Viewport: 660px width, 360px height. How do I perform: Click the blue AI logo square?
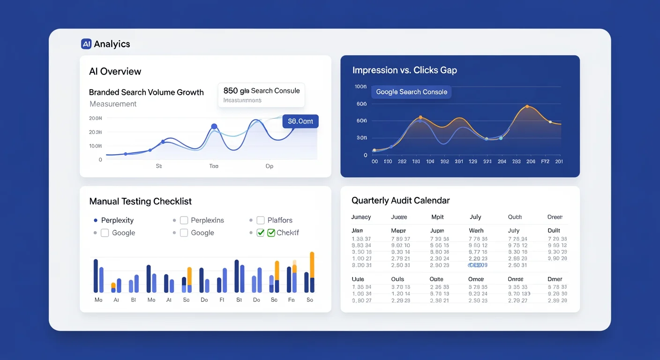86,44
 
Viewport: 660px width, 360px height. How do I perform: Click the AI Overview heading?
115,71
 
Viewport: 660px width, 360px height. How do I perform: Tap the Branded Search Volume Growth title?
146,92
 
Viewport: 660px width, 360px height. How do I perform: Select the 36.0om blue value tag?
300,121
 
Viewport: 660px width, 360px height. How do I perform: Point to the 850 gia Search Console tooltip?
261,95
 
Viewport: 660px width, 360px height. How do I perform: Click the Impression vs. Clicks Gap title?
405,70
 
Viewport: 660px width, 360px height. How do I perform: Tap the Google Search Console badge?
412,92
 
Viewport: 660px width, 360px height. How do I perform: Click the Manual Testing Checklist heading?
140,202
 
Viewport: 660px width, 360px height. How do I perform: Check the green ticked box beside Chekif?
271,232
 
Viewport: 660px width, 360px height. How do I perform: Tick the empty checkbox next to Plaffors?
260,220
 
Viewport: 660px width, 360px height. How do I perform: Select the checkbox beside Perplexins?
184,220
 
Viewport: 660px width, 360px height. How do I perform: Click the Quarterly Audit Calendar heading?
400,201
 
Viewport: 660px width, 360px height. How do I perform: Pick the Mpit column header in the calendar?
437,217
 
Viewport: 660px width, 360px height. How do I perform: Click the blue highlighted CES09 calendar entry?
478,265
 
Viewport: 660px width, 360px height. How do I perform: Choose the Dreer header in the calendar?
555,217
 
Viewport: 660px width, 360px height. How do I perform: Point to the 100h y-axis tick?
360,87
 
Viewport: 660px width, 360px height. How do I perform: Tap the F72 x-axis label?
545,161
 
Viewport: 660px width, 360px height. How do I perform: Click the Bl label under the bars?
133,300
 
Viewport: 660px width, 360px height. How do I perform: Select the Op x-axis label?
269,166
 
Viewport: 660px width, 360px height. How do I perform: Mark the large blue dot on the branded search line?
214,127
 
